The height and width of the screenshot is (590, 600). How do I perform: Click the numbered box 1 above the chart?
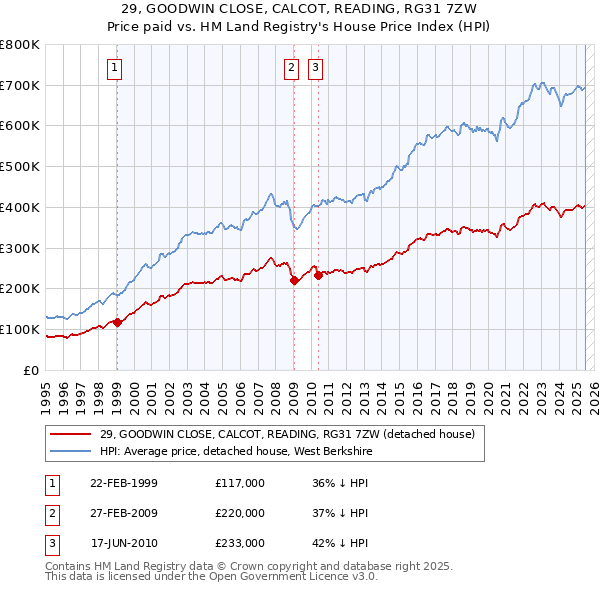pos(116,68)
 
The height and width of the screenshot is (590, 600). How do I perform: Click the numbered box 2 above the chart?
pos(291,68)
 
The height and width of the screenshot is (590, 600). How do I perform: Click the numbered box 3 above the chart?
pos(315,68)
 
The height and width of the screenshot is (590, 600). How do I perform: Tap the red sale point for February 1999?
pos(117,322)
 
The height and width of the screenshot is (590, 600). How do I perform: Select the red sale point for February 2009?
pos(294,281)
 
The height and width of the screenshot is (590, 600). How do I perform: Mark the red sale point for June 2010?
pos(318,275)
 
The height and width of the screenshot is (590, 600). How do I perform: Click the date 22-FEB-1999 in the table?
pos(124,483)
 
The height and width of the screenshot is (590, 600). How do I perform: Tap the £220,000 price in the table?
pos(240,513)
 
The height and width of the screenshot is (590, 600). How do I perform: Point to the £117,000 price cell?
pos(240,483)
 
